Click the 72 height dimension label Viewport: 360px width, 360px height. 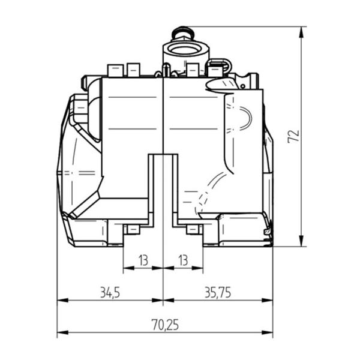pos(293,137)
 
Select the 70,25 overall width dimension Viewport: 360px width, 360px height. pos(165,325)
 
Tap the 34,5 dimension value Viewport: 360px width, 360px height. pos(110,293)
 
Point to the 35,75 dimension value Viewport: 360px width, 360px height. pos(218,293)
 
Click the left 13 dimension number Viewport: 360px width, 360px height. pos(143,260)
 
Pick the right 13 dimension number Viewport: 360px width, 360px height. pos(183,260)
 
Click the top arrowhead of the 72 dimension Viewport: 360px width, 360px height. pos(302,32)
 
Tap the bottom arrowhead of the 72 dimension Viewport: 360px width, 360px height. pos(302,241)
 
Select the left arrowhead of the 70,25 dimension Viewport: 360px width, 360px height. pos(62,332)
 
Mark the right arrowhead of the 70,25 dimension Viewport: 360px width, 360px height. pos(267,332)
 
